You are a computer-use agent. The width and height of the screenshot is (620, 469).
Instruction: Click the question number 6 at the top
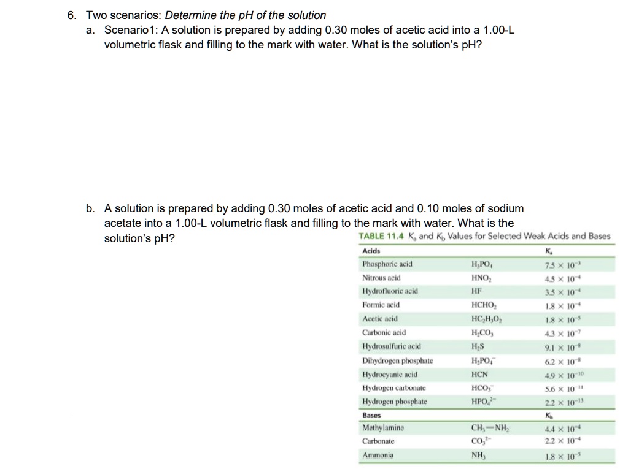click(71, 15)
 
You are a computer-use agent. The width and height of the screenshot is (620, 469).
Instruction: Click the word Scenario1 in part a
click(131, 30)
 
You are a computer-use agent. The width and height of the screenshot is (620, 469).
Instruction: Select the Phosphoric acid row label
click(387, 264)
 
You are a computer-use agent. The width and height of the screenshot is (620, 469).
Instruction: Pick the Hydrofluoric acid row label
click(390, 291)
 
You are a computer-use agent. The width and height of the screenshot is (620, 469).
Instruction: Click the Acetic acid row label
click(380, 319)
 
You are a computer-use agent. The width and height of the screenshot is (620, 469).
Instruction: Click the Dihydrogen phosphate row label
click(397, 360)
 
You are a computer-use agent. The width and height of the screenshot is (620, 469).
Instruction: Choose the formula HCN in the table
click(479, 374)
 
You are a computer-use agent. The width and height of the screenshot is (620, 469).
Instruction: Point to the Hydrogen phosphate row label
click(395, 402)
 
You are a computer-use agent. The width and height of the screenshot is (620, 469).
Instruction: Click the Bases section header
click(371, 415)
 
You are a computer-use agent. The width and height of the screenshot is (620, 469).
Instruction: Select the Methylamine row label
click(383, 428)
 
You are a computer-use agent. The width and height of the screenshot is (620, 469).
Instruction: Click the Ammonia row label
click(378, 456)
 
